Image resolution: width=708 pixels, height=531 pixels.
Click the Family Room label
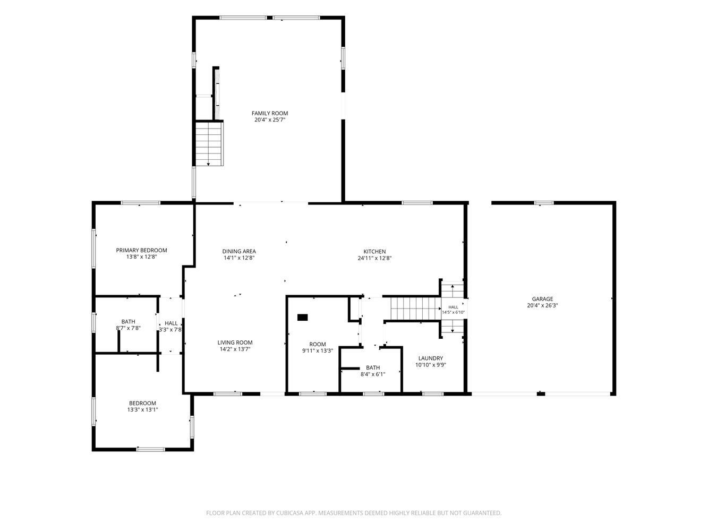pyautogui.click(x=270, y=113)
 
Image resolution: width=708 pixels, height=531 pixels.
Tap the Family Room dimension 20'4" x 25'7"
pyautogui.click(x=270, y=119)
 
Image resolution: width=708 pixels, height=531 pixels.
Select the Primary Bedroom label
pyautogui.click(x=142, y=250)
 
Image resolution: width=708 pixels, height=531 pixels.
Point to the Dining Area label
pyautogui.click(x=239, y=251)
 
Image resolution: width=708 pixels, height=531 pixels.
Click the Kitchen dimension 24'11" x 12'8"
pyautogui.click(x=374, y=258)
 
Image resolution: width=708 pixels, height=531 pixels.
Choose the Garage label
pyautogui.click(x=542, y=299)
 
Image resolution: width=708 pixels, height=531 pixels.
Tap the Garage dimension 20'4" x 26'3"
pyautogui.click(x=542, y=305)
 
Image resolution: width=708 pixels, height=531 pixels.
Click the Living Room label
pyautogui.click(x=235, y=342)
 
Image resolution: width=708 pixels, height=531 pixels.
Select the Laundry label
pyautogui.click(x=431, y=358)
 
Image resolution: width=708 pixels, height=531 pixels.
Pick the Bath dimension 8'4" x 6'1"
pyautogui.click(x=373, y=374)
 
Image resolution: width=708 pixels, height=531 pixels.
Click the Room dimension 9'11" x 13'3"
pyautogui.click(x=318, y=350)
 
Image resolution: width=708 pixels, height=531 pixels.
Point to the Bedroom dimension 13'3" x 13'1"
pyautogui.click(x=142, y=409)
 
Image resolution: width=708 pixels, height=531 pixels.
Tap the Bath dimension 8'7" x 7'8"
pyautogui.click(x=129, y=328)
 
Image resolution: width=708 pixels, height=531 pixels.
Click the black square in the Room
pyautogui.click(x=302, y=317)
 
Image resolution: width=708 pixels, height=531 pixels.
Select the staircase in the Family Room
pyautogui.click(x=210, y=144)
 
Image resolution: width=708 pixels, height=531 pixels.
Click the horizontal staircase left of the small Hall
pyautogui.click(x=416, y=308)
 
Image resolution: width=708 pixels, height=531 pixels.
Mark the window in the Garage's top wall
pyautogui.click(x=544, y=203)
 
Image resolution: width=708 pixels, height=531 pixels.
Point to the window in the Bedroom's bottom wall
pyautogui.click(x=151, y=449)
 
